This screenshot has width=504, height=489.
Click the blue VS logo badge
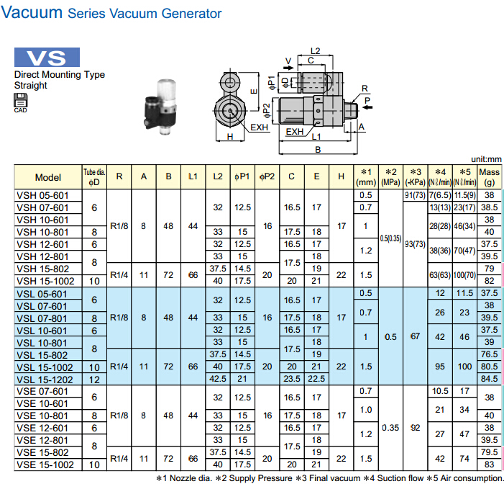click(x=47, y=58)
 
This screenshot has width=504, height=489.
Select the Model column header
click(x=48, y=177)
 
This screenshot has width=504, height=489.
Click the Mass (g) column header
click(x=490, y=177)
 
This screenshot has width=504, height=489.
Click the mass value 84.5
click(x=490, y=379)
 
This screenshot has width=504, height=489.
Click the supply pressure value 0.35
click(x=391, y=427)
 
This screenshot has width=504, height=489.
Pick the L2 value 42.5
click(x=217, y=379)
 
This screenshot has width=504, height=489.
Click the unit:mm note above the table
click(x=486, y=159)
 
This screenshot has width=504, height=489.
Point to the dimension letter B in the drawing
click(x=317, y=150)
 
